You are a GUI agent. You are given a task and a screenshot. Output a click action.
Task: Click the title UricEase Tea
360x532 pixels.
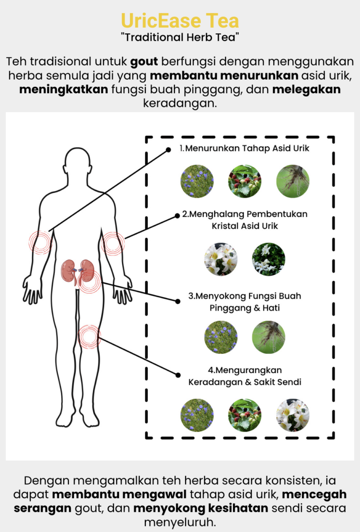point(180,21)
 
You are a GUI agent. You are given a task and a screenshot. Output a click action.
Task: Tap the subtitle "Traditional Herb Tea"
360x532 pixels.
point(180,37)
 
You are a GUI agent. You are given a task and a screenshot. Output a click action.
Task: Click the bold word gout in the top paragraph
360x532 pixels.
point(144,62)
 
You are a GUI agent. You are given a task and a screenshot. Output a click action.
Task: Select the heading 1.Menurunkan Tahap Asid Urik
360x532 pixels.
point(244,148)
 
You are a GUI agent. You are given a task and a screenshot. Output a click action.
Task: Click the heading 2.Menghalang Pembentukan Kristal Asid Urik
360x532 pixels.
point(245,220)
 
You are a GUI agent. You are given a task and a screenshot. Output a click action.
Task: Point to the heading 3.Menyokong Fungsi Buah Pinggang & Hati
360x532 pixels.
point(245,302)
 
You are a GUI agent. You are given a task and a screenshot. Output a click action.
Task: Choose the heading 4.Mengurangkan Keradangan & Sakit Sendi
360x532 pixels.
point(245,376)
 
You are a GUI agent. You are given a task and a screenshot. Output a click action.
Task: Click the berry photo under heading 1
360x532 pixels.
point(245,181)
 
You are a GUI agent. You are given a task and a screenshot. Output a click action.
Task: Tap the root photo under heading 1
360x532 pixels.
point(293,181)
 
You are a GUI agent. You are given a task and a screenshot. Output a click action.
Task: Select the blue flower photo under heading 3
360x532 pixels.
point(221,337)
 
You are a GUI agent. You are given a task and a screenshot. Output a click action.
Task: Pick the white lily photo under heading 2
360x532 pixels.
point(221,259)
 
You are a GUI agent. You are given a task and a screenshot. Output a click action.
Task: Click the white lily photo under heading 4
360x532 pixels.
point(293,415)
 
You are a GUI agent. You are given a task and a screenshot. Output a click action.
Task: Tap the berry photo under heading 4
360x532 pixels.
point(245,415)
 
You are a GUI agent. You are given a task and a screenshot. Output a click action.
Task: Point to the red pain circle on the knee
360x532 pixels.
point(89,337)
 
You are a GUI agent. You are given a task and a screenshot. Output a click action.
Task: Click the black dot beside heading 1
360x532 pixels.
point(169,150)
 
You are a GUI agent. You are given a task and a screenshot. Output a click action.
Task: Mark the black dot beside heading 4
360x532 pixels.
point(178,375)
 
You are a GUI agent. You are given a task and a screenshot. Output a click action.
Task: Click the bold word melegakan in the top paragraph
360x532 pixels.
point(307,89)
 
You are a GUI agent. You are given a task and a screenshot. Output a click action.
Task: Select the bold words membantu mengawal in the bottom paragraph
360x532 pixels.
point(119,495)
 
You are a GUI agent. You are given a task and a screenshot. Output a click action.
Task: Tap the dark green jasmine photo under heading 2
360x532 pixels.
point(269,259)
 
